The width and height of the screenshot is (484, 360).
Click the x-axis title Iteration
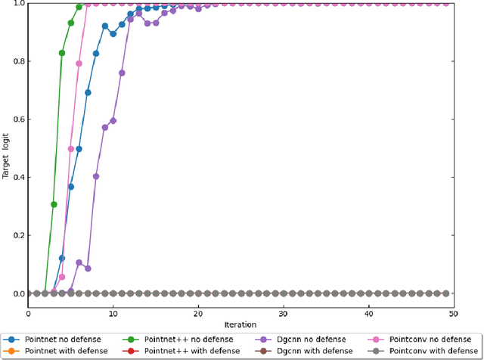[240, 324]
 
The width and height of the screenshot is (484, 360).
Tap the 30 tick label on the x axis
[284, 313]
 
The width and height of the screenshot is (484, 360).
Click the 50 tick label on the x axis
[454, 313]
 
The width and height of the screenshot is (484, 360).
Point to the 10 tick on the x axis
[113, 313]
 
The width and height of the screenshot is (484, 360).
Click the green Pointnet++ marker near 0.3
[54, 204]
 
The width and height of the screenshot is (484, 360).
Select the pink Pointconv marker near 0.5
[71, 149]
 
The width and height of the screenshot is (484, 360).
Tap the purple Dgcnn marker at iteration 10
[113, 120]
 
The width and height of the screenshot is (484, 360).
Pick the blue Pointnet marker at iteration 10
[113, 34]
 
